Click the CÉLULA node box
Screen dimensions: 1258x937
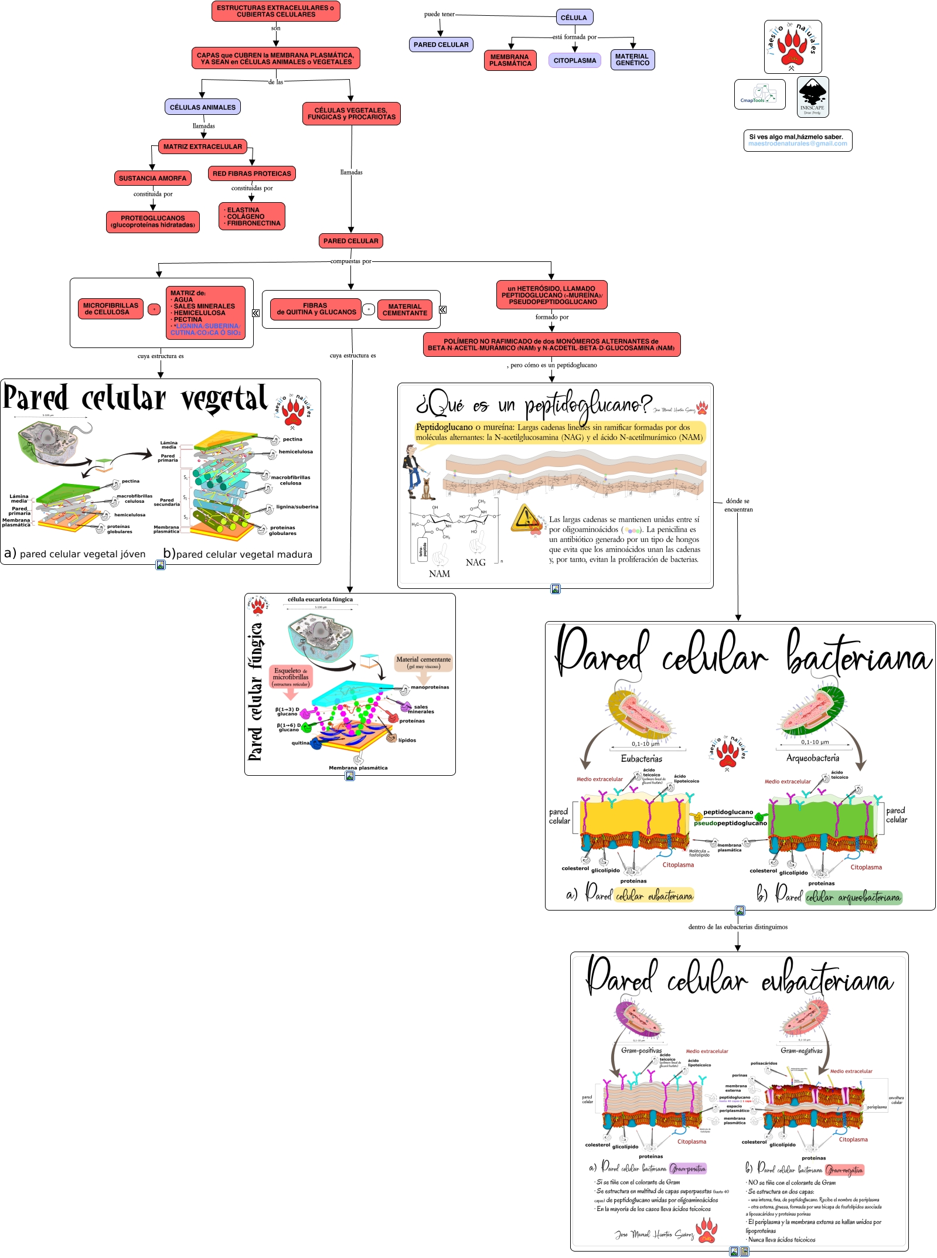coord(574,18)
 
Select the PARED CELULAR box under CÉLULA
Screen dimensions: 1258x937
coord(441,45)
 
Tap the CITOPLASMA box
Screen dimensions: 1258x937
coord(574,60)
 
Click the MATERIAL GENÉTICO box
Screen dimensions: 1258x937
coord(632,60)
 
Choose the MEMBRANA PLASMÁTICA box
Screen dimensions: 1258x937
coord(510,60)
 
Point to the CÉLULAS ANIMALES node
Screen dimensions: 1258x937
coord(202,107)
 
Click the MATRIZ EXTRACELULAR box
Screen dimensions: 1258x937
coord(202,146)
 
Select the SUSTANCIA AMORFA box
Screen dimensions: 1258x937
coord(152,178)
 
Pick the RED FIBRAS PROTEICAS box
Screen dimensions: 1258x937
coord(251,173)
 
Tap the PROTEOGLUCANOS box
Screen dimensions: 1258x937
coord(152,221)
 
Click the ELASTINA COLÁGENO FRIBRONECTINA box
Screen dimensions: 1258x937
coord(252,216)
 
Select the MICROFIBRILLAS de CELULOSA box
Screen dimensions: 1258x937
coord(111,309)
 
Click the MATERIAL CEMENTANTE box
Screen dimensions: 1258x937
coord(404,310)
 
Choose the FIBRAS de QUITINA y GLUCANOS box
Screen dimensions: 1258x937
coord(316,309)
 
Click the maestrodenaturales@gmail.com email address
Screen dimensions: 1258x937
coord(797,144)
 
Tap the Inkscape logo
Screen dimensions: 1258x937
coord(812,97)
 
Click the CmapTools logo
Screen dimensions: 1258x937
coord(759,94)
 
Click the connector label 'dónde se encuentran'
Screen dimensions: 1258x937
coord(738,505)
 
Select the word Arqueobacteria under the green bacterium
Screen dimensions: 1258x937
coord(812,758)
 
